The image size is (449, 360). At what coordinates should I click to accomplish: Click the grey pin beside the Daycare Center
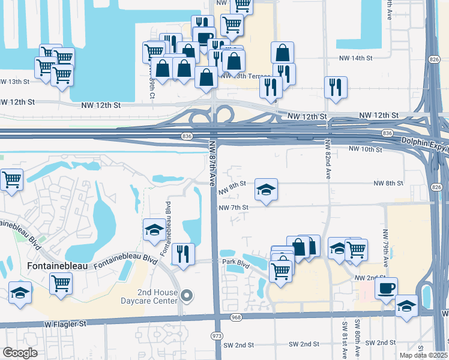click(187, 295)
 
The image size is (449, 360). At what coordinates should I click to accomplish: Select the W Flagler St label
click(66, 324)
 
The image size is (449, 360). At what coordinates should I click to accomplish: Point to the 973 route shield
click(217, 335)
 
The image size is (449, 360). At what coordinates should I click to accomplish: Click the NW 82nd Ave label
click(328, 161)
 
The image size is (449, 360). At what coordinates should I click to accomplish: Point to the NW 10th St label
click(365, 149)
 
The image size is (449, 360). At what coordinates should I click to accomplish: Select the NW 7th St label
click(234, 208)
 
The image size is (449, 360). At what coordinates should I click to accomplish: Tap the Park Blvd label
click(235, 262)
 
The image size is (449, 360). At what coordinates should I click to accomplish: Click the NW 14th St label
click(356, 58)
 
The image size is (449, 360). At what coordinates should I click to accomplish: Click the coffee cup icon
click(386, 287)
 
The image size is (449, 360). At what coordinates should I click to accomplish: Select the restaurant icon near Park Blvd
click(183, 253)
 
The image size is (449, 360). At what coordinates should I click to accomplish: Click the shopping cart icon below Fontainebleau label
click(61, 282)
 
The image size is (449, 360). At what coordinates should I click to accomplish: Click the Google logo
click(20, 353)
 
